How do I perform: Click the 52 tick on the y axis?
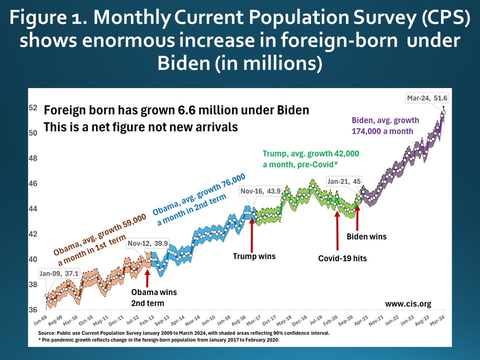(33, 107)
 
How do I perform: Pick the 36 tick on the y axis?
(33, 310)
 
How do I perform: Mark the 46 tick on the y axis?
(33, 183)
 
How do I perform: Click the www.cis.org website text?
(408, 303)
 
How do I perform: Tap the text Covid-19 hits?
(342, 258)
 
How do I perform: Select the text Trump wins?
(254, 256)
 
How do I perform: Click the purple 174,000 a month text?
(383, 131)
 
